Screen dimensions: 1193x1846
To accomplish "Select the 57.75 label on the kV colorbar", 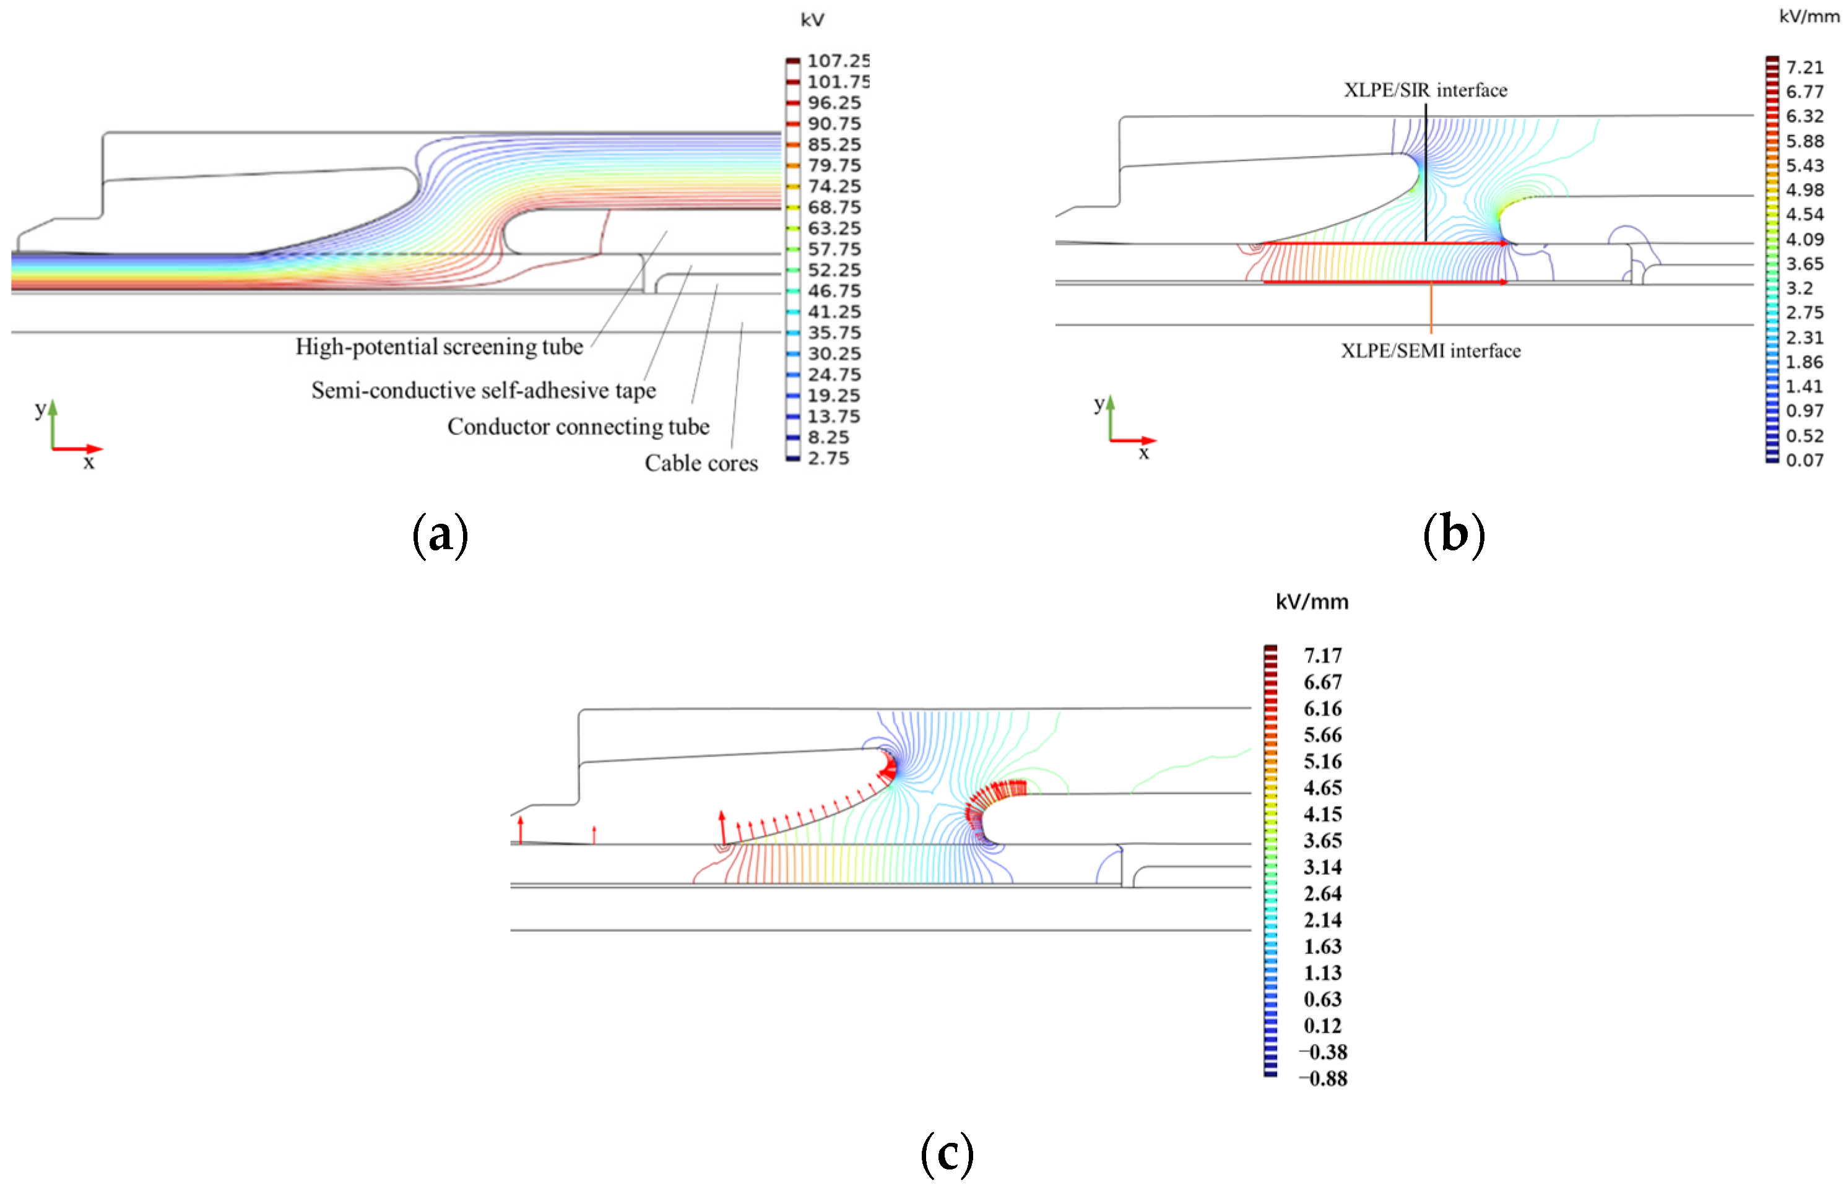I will pyautogui.click(x=833, y=249).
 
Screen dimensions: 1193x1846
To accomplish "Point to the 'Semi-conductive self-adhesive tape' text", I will pyautogui.click(x=483, y=391).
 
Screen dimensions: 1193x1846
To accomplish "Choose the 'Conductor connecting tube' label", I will pyautogui.click(x=578, y=427).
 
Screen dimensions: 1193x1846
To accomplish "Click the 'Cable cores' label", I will pyautogui.click(x=700, y=463).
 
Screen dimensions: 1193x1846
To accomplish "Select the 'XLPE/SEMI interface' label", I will pyautogui.click(x=1430, y=351).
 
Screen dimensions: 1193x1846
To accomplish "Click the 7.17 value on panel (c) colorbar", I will pyautogui.click(x=1322, y=656).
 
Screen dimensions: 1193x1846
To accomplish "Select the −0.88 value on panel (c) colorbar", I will pyautogui.click(x=1322, y=1078).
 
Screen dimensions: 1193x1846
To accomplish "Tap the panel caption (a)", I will pyautogui.click(x=440, y=534).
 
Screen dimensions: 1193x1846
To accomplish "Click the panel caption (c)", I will pyautogui.click(x=946, y=1153).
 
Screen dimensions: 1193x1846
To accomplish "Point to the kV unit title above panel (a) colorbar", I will pyautogui.click(x=812, y=20).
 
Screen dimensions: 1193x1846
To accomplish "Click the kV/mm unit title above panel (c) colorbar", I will pyautogui.click(x=1312, y=602).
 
